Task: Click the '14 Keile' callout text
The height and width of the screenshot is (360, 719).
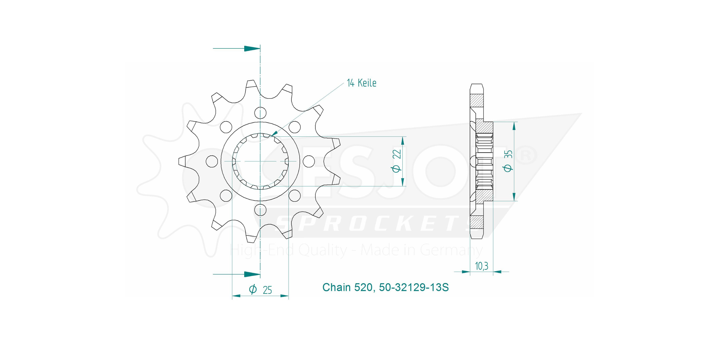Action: (361, 83)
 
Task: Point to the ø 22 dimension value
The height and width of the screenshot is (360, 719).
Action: (397, 161)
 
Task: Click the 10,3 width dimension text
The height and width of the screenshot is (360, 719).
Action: (481, 266)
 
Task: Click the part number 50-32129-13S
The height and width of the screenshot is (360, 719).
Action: (414, 287)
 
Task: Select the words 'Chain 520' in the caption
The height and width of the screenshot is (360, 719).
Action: (347, 287)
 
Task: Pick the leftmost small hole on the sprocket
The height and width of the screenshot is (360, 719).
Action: (212, 161)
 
